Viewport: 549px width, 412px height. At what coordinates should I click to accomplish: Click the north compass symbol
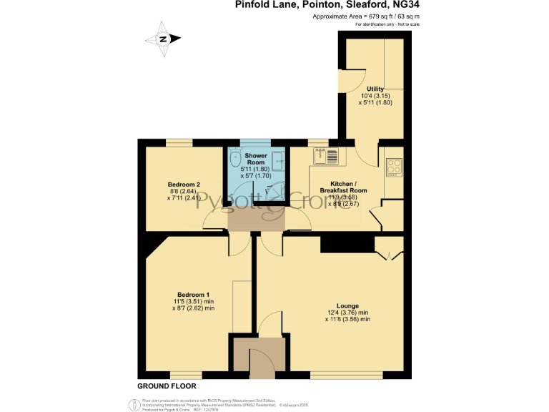(163, 39)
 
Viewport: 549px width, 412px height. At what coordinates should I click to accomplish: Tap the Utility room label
(375, 88)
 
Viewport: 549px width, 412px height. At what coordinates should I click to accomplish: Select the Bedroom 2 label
(179, 184)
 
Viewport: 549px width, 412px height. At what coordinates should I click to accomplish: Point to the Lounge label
(349, 305)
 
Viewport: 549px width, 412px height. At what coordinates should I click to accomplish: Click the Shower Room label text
(256, 159)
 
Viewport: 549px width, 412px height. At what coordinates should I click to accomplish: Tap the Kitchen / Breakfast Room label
(348, 187)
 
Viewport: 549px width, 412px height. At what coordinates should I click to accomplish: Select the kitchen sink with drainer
(327, 155)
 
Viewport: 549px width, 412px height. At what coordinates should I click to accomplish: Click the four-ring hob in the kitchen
(394, 167)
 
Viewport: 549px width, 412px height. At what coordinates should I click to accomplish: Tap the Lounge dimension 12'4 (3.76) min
(348, 313)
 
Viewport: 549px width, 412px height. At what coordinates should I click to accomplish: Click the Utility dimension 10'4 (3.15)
(375, 95)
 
